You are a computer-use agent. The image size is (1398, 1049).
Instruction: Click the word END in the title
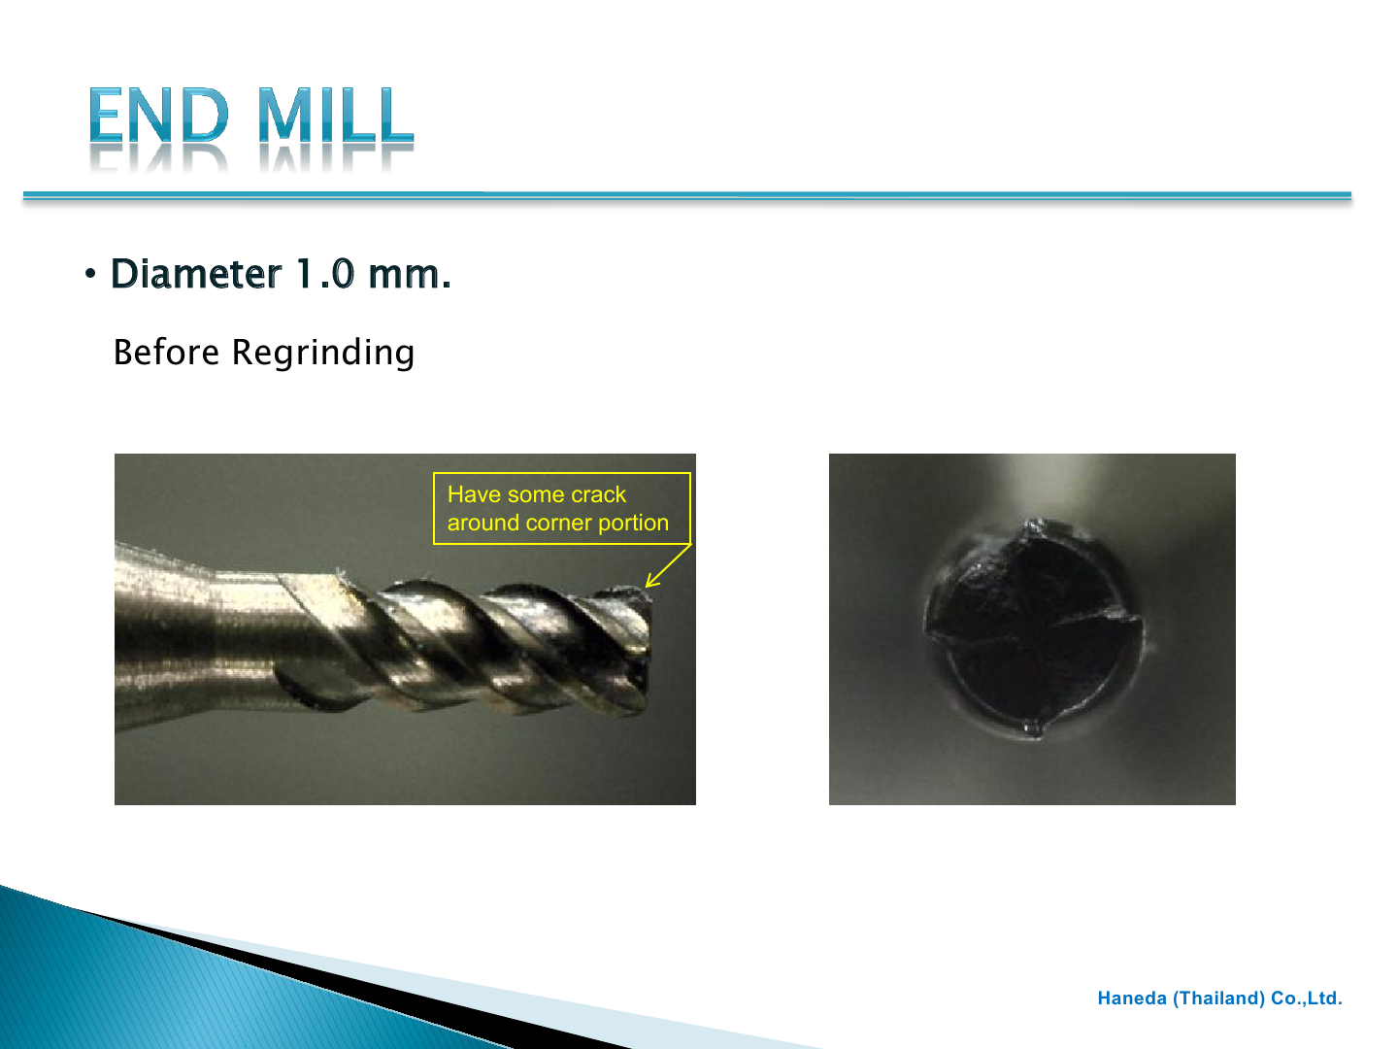[159, 116]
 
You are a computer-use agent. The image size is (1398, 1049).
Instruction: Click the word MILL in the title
[335, 116]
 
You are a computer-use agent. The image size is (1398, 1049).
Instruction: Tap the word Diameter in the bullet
[195, 275]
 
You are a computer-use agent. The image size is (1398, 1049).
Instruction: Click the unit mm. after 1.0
[409, 275]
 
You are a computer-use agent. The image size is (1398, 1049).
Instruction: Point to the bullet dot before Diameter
[90, 275]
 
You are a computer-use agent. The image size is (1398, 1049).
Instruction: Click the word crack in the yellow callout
[598, 494]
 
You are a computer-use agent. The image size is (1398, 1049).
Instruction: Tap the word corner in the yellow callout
[559, 523]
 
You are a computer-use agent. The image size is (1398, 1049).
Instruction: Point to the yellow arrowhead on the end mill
[649, 584]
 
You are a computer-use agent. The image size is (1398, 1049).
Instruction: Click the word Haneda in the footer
[1131, 998]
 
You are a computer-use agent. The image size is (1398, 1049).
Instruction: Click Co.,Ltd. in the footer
[1307, 998]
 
